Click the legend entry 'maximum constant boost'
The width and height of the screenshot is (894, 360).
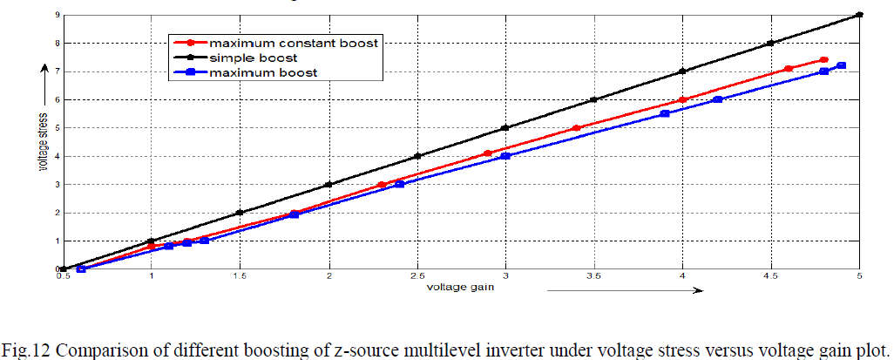[x=295, y=43]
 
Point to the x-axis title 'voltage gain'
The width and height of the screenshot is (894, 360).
[x=455, y=288]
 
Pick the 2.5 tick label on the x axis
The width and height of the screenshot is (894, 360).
[x=417, y=277]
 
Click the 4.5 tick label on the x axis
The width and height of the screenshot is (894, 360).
[x=769, y=277]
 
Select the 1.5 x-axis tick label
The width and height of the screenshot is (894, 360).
[x=240, y=277]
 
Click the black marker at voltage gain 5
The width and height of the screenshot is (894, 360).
[x=859, y=14]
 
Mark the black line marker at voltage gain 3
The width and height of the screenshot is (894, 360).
[x=505, y=127]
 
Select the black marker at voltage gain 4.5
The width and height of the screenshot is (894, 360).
[x=770, y=43]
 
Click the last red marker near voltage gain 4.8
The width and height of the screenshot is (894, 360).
[x=823, y=60]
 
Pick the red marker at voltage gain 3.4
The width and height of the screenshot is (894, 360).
[x=576, y=128]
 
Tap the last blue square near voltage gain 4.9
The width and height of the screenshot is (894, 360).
[x=841, y=65]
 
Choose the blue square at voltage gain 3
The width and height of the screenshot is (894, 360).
[x=505, y=156]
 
